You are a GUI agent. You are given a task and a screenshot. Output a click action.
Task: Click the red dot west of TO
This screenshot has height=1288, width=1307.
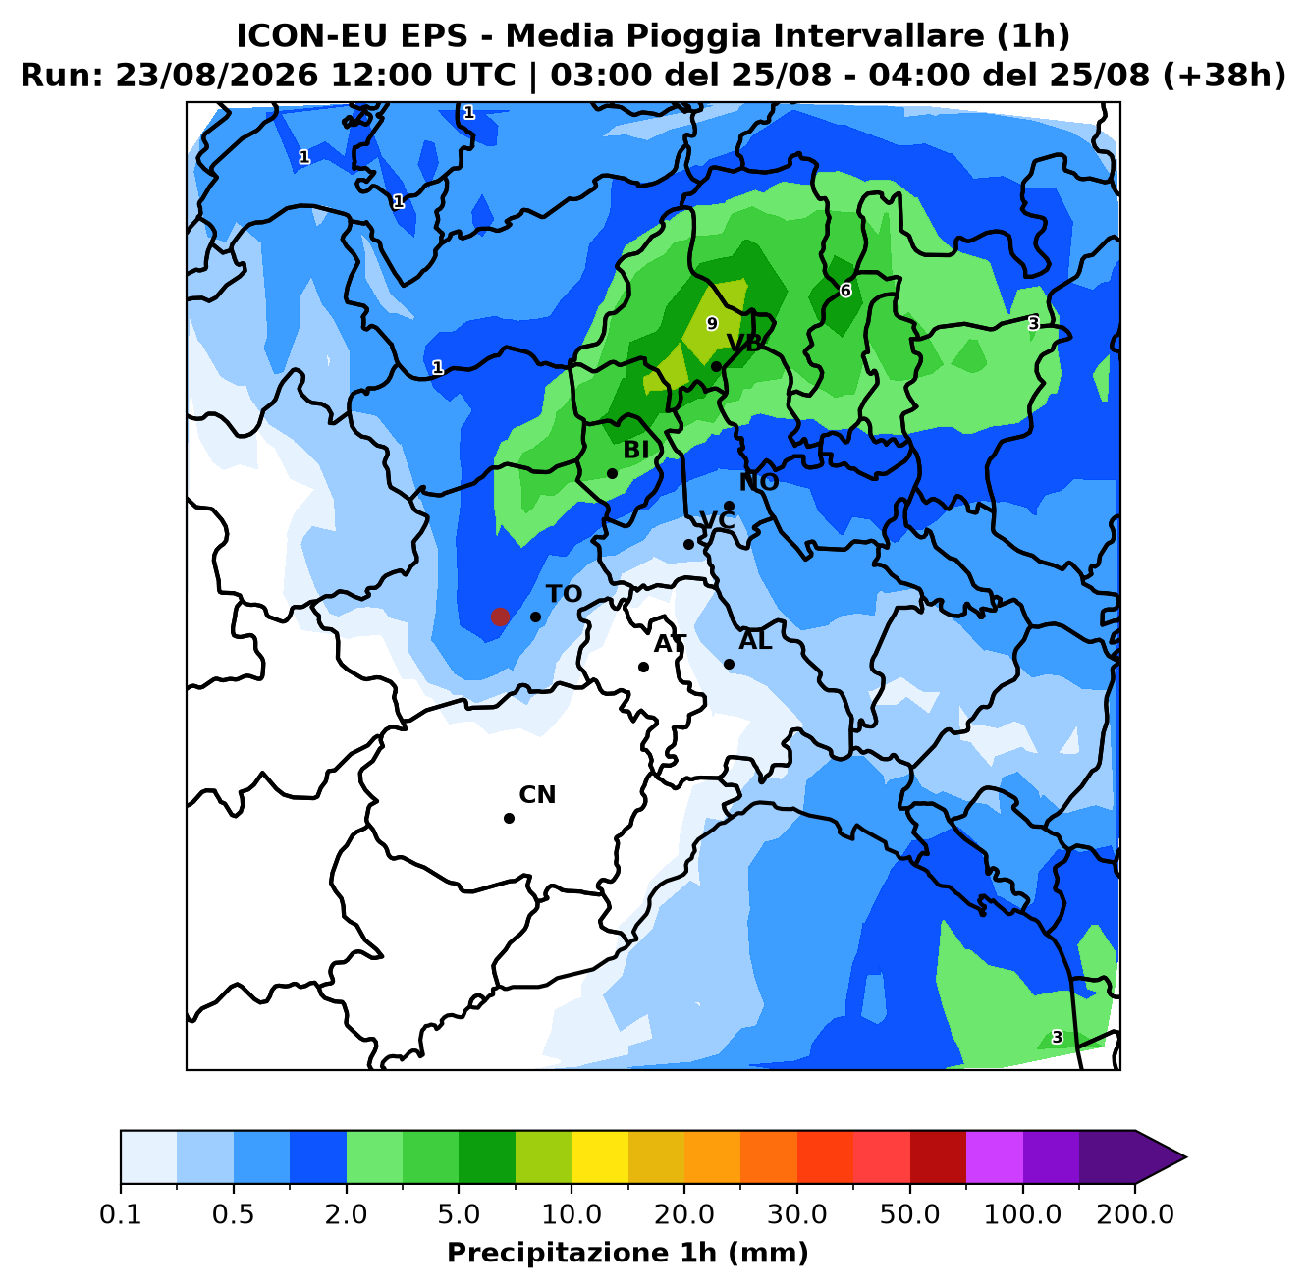(500, 617)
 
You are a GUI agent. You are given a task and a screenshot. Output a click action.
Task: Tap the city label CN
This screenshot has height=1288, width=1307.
(537, 795)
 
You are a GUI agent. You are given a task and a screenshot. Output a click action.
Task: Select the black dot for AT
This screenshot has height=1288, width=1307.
(643, 668)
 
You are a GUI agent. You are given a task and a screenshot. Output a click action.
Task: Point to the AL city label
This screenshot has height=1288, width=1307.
(755, 641)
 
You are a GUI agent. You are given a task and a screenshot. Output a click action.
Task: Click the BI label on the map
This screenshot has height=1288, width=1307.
(635, 450)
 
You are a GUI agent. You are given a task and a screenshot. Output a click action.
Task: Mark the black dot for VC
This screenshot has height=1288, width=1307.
(688, 545)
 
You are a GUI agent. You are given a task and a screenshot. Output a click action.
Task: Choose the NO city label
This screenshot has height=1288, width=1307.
(759, 482)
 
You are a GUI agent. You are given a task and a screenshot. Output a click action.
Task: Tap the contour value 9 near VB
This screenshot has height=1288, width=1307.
(712, 324)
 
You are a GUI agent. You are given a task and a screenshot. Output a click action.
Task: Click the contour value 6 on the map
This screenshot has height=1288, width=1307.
(845, 291)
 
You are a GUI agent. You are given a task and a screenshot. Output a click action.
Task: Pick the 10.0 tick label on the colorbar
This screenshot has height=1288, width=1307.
(572, 1213)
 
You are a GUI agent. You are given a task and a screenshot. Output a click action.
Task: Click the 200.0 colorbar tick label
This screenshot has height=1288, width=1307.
(1135, 1213)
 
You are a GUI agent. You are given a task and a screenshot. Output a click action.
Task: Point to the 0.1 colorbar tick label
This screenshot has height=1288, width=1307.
(121, 1213)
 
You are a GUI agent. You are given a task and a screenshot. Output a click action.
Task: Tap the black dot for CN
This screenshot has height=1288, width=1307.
(509, 819)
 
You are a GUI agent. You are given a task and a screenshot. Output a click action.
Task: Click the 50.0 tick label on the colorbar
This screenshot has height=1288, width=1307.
(909, 1213)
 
